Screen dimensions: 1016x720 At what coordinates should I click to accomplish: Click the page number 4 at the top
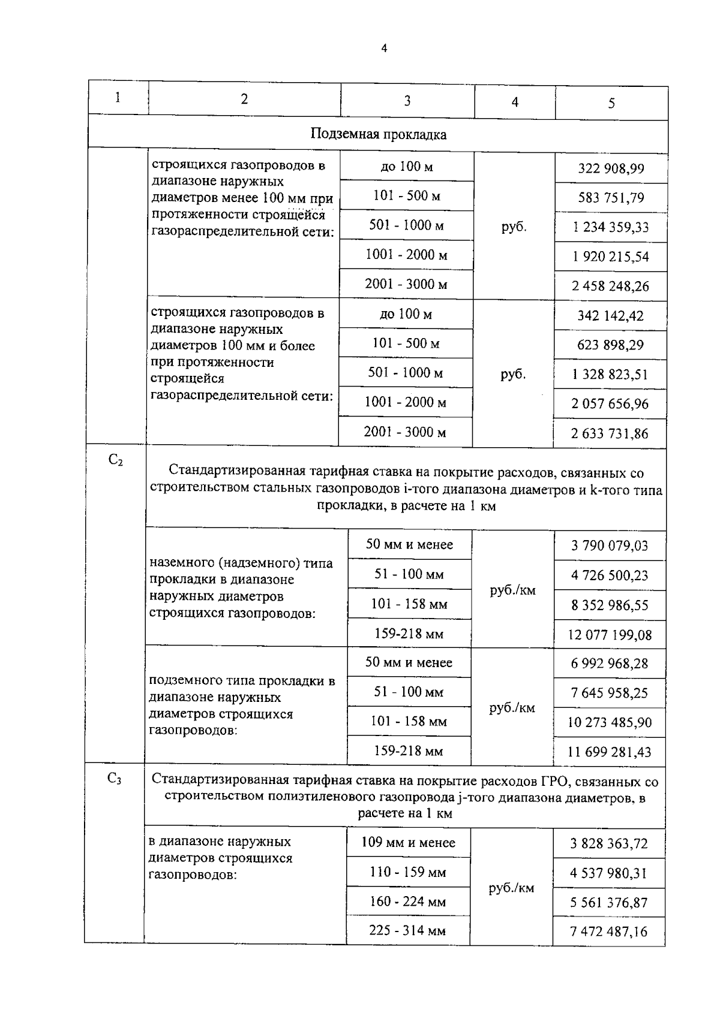coord(384,49)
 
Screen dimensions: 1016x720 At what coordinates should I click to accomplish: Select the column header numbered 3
coord(407,101)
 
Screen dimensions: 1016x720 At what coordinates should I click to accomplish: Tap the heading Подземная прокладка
coord(378,134)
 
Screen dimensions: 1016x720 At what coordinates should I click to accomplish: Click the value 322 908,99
coord(611,168)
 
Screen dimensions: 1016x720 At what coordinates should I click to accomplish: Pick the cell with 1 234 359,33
coord(610,227)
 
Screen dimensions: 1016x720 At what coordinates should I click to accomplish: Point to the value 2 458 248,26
coord(610,286)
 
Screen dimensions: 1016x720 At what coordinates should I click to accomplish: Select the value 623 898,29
coord(610,345)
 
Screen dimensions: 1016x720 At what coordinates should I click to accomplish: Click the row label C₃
coord(115,779)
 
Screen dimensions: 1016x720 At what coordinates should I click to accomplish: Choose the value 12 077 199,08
coord(610,635)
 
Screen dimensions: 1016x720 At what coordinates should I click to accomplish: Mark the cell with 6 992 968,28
coord(610,664)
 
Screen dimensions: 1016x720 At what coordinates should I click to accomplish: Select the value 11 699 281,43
coord(609,752)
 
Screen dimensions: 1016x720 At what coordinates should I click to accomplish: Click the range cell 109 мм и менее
coord(408,843)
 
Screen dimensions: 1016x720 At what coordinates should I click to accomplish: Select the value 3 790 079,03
coord(610,546)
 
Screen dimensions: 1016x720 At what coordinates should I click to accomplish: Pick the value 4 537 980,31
coord(609,873)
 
